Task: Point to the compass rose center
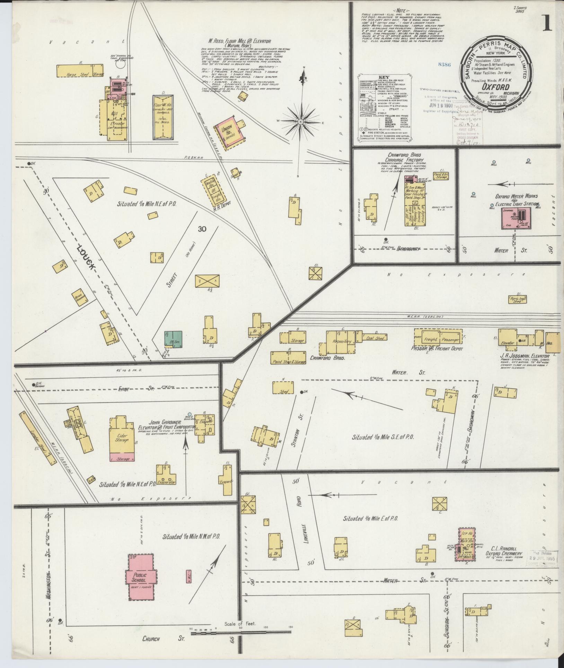click(301, 122)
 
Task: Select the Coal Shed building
click(375, 337)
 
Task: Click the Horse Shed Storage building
click(80, 70)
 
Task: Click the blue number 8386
click(444, 64)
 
